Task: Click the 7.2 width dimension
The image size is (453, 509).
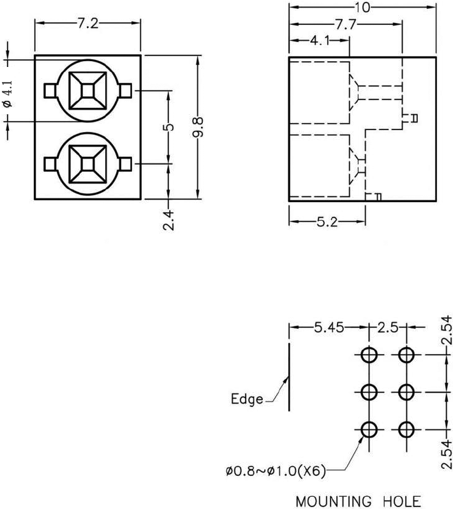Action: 87,24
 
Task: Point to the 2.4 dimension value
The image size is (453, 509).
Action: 168,216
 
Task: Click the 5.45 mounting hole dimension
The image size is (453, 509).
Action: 329,328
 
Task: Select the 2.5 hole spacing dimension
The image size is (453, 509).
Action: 388,328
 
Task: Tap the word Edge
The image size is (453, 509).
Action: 247,399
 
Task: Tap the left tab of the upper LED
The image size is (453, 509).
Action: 50,91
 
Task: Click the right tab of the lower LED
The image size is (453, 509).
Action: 125,165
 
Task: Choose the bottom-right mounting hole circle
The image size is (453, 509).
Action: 406,430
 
